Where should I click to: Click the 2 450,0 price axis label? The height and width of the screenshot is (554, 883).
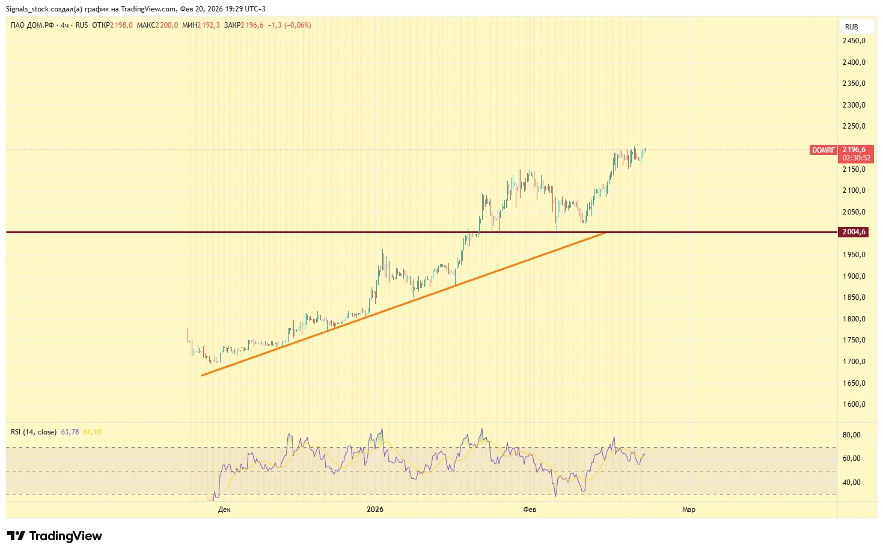[x=854, y=41]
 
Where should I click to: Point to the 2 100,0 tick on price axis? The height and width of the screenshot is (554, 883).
[x=854, y=190]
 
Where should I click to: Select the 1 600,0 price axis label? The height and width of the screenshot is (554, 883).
[x=854, y=404]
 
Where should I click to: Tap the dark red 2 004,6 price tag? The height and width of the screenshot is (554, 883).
[x=854, y=232]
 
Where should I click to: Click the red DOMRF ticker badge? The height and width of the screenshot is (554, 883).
[x=823, y=150]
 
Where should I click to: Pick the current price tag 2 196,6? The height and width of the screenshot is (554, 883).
[x=854, y=150]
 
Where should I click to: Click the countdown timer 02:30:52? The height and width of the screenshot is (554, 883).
[x=856, y=158]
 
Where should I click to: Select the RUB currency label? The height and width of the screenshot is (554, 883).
[x=851, y=27]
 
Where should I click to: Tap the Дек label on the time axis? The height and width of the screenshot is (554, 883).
[x=224, y=510]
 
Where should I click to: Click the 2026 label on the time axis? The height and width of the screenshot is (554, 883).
[x=375, y=510]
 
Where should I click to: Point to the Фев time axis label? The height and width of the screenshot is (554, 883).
[x=530, y=510]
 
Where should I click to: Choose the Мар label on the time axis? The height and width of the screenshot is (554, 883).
[x=689, y=510]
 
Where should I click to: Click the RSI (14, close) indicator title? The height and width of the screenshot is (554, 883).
[x=34, y=432]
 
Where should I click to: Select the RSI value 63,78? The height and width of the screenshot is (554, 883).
[x=70, y=432]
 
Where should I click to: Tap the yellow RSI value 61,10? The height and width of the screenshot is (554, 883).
[x=92, y=432]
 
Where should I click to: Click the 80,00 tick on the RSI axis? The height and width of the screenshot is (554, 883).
[x=852, y=435]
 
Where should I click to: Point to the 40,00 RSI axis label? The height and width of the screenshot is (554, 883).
[x=852, y=482]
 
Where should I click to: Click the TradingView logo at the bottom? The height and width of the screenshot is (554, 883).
[x=55, y=536]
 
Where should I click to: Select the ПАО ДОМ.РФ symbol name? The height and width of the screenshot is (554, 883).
[x=32, y=25]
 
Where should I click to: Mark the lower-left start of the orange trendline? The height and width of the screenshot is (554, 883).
[x=202, y=376]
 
